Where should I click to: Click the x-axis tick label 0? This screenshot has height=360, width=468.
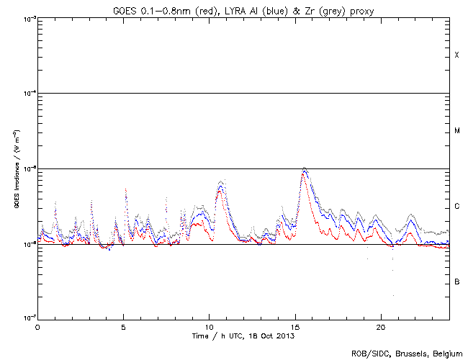click(x=37, y=326)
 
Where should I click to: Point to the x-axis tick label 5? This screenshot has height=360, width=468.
click(x=123, y=326)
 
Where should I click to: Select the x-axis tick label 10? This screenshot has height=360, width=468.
click(x=209, y=326)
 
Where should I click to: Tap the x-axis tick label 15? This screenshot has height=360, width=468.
click(x=294, y=326)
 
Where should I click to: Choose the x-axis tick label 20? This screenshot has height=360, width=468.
click(x=380, y=326)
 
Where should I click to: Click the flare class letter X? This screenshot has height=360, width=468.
click(x=456, y=55)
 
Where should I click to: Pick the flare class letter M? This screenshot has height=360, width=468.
click(x=456, y=131)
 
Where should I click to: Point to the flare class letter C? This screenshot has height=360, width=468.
click(x=456, y=207)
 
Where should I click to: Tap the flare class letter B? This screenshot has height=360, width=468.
click(x=456, y=282)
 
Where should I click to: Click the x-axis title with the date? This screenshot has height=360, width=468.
click(x=243, y=336)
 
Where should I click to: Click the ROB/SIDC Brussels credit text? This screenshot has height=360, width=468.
click(x=406, y=354)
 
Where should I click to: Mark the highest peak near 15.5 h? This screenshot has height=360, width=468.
click(x=305, y=168)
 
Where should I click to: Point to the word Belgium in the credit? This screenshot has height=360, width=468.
click(x=446, y=354)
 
